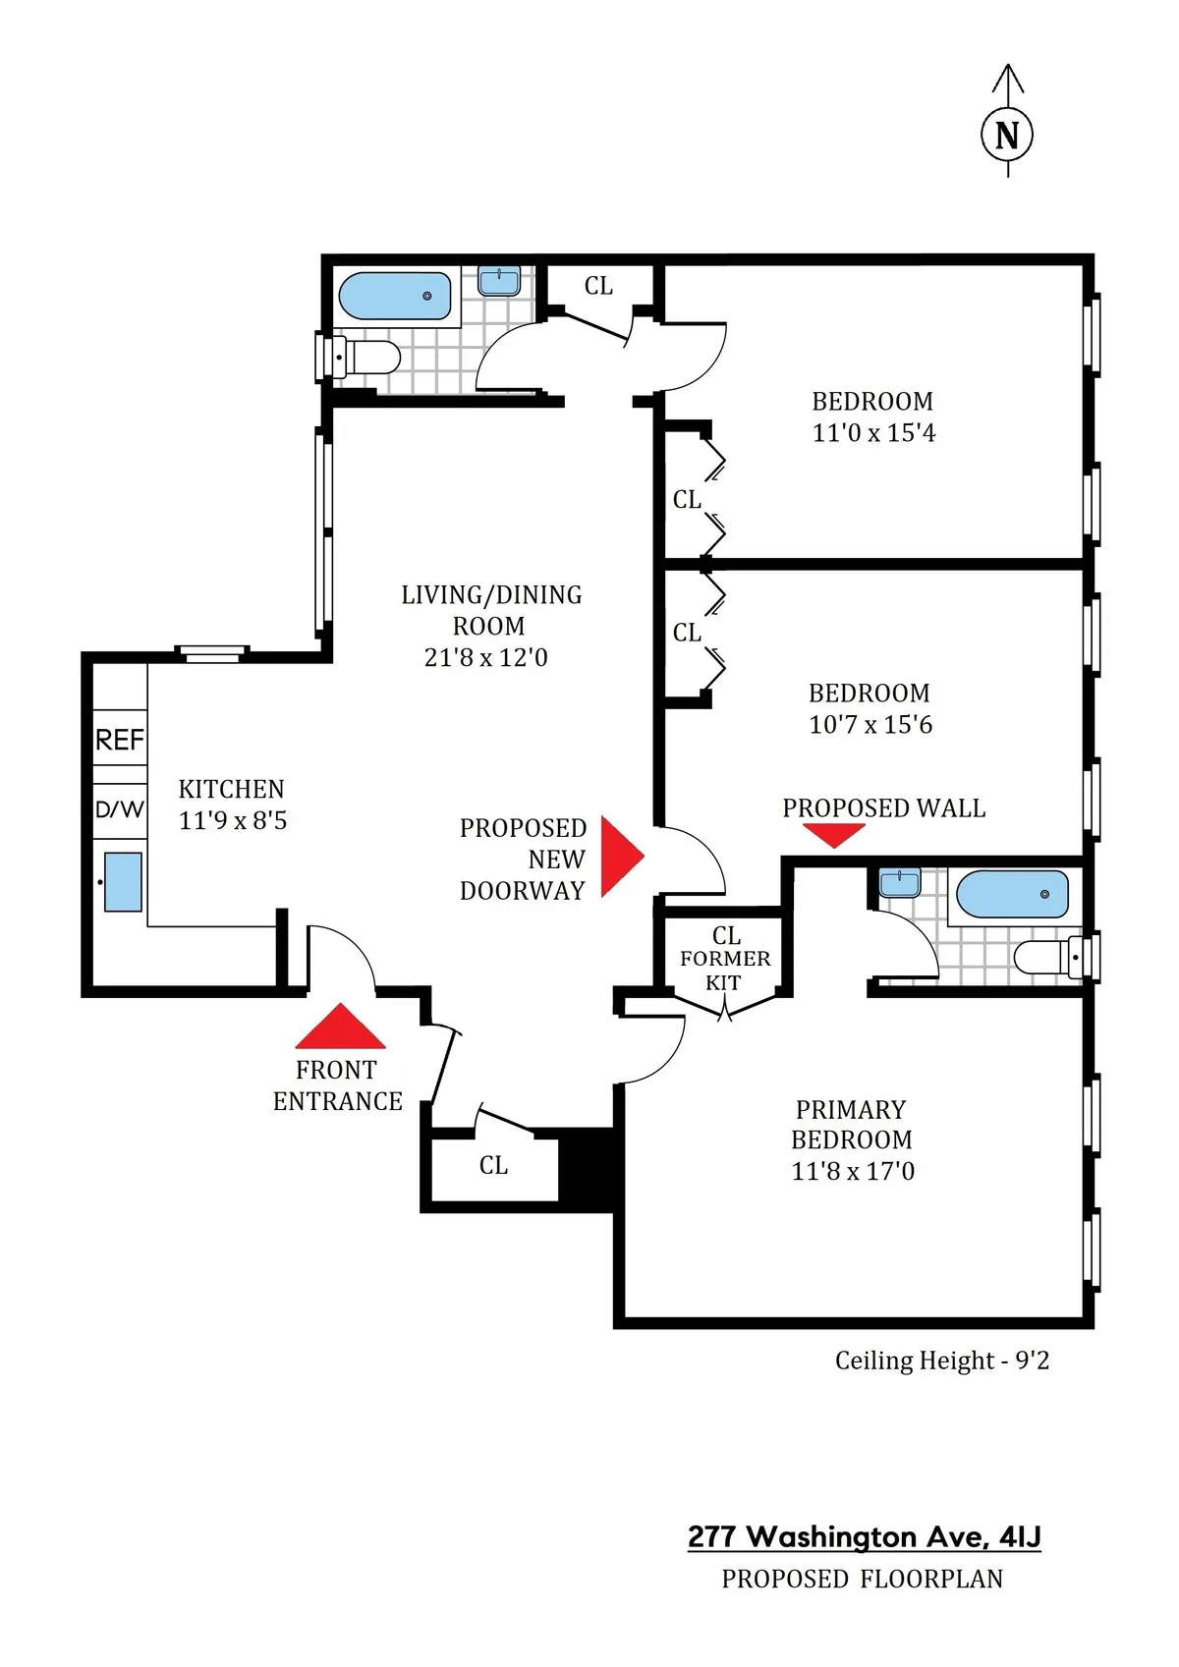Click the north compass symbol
(1007, 134)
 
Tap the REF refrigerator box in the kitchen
(120, 739)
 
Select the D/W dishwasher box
(120, 810)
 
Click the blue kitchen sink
(123, 882)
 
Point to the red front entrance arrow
(340, 1028)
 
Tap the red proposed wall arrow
(834, 834)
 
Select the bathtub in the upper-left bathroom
(395, 296)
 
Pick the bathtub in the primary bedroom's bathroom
(1012, 894)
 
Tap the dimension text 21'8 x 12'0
(485, 657)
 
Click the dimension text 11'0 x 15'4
(873, 433)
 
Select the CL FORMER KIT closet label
(725, 959)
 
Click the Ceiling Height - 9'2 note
(941, 1361)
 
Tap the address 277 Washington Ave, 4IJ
(864, 1536)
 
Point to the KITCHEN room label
(231, 789)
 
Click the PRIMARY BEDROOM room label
(851, 1125)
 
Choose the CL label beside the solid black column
(493, 1165)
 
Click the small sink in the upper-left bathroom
(499, 281)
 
